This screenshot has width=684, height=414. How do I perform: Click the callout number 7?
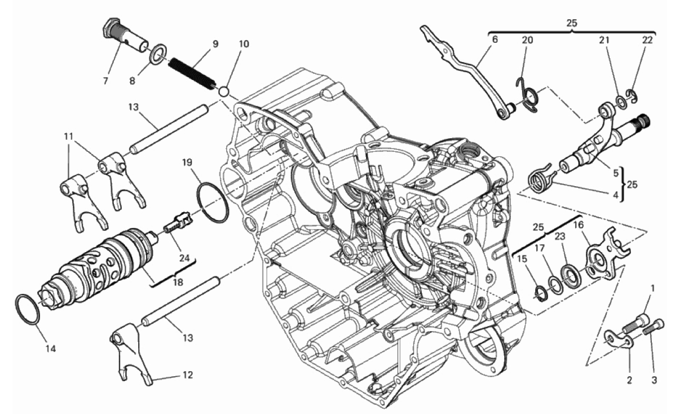105,81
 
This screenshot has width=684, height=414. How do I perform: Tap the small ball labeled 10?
224,91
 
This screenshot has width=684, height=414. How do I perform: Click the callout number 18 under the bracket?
178,282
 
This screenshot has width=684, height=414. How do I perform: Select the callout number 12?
187,375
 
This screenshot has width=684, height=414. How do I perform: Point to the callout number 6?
495,39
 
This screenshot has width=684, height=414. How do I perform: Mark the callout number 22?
647,40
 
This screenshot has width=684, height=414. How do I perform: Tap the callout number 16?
579,225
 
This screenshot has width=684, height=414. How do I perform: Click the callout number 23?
560,236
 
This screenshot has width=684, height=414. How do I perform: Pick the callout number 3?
654,380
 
